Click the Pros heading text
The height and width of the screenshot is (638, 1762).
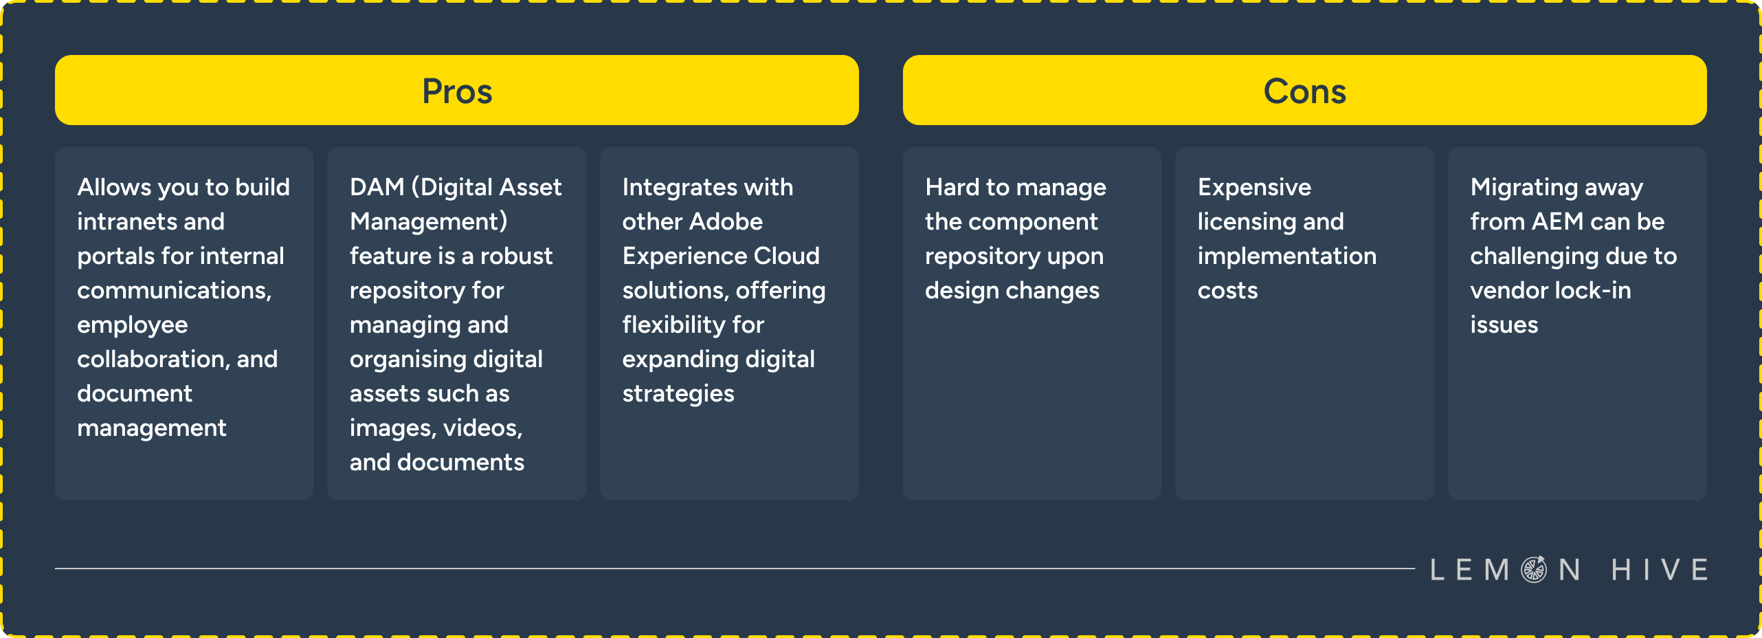coord(457,91)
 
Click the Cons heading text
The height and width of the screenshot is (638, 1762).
coord(1304,91)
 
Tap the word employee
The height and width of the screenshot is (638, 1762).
coord(132,325)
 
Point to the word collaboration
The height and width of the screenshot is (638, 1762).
coord(151,359)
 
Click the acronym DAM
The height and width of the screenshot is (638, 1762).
coord(377,187)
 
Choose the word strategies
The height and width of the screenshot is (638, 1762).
coord(678,394)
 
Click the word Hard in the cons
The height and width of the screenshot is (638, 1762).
coord(952,187)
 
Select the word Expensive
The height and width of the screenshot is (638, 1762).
coord(1254,187)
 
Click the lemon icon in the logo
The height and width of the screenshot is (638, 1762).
coord(1534,569)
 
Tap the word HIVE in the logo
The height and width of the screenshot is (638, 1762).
coord(1660,569)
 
